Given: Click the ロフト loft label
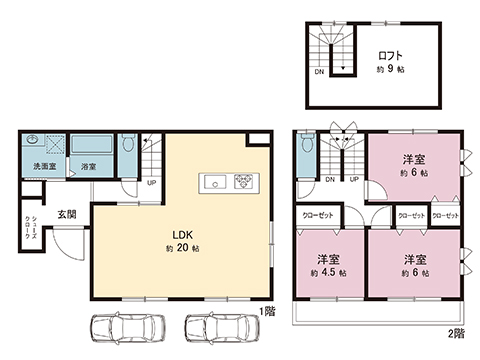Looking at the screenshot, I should coord(391,54).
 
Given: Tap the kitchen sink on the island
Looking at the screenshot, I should coord(215,182).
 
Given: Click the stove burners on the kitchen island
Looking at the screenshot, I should coord(245,182).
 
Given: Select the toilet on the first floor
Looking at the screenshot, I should coord(128,147).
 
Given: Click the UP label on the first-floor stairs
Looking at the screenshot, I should coord(151,183).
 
